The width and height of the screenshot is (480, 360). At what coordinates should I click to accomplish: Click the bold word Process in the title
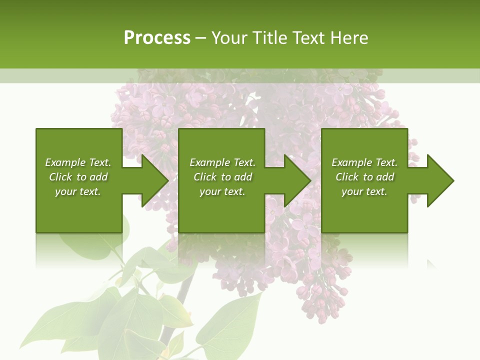coord(157,38)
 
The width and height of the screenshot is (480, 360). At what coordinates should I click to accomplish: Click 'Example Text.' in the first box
coord(78,162)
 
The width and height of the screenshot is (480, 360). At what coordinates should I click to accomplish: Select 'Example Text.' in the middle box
coord(222,162)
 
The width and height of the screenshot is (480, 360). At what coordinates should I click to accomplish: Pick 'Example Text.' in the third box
coord(364,162)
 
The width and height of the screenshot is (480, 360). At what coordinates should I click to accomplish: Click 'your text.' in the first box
coord(78,191)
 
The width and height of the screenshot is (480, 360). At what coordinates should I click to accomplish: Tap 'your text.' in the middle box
coord(222,191)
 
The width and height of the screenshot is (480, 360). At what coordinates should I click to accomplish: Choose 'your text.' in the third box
coord(364,191)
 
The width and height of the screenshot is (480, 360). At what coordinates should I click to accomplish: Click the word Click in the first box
coord(61,177)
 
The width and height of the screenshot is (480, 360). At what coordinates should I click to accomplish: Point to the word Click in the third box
coord(347,177)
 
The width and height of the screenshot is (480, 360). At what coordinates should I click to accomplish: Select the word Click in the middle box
coord(205,177)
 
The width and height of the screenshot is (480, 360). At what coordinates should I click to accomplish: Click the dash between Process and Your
coord(201,38)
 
